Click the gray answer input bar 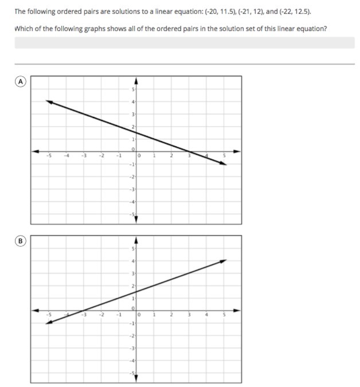184,43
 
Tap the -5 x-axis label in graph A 49,155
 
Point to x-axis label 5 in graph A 224,155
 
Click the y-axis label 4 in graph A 134,102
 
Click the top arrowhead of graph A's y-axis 136,81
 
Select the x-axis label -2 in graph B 101,315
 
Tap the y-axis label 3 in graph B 134,273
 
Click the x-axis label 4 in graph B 207,315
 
